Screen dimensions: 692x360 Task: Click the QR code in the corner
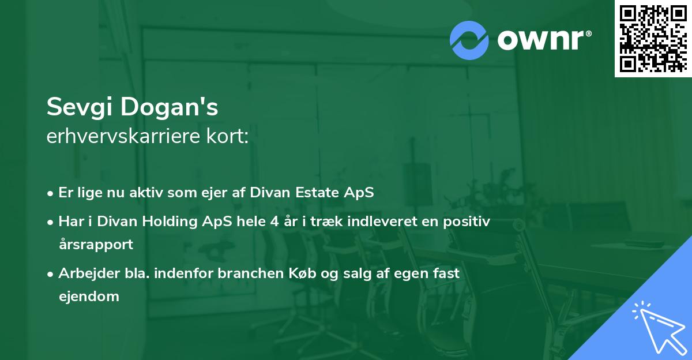653,38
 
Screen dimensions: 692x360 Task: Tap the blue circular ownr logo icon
469,40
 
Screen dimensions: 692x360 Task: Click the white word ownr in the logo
541,40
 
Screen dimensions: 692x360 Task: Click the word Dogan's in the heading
170,107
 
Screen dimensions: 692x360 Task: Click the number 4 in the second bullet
274,222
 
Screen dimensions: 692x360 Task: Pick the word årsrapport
96,245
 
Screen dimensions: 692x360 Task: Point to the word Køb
302,273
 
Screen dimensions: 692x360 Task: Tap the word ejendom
89,297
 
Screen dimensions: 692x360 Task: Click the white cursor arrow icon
659,328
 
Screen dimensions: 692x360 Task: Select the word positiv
467,222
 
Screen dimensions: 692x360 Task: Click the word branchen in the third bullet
250,273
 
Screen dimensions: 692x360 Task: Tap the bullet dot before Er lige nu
50,194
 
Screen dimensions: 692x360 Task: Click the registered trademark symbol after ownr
588,33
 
